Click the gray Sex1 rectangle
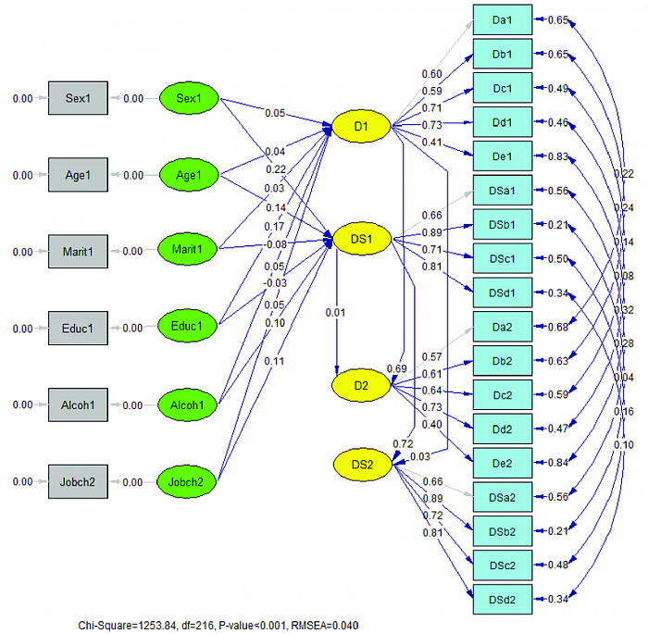coord(78,98)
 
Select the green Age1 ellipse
coord(189,175)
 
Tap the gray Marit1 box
coord(78,251)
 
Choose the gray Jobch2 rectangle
coord(78,481)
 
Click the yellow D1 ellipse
coord(361,126)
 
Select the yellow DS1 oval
coord(361,239)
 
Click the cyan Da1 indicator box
coord(503,19)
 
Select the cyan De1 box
coord(503,156)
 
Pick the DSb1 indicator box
coord(503,225)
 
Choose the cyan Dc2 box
coord(503,395)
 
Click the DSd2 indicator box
coord(503,600)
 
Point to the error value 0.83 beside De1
coord(557,156)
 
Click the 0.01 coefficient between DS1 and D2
coord(335,312)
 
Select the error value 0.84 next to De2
coord(557,463)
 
